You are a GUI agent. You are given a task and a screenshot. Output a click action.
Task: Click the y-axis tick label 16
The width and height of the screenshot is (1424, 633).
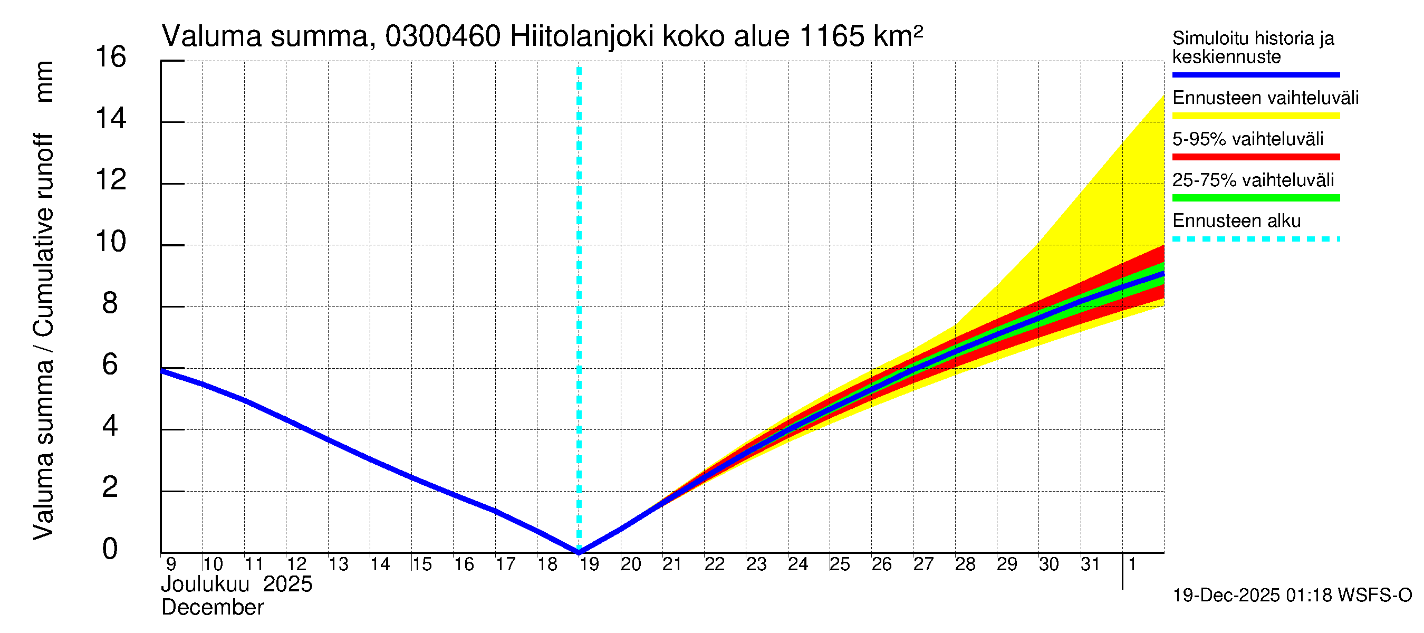(x=111, y=57)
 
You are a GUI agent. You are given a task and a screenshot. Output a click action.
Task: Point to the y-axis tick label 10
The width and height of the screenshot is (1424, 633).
(x=111, y=242)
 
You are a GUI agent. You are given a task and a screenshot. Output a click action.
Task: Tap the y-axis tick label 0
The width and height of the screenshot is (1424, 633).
(x=110, y=549)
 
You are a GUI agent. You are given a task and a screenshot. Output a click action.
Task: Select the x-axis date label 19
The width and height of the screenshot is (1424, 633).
(x=589, y=564)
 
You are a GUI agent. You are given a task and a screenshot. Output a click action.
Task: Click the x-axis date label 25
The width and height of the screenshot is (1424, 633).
(x=840, y=564)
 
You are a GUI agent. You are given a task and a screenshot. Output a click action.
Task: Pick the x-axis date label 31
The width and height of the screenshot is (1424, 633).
(x=1090, y=564)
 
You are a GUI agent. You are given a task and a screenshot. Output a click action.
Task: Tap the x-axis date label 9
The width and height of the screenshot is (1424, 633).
(x=171, y=564)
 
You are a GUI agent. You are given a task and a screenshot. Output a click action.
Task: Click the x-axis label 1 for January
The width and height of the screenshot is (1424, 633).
(x=1132, y=564)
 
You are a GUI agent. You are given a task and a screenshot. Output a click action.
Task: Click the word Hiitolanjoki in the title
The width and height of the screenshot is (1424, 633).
(x=582, y=37)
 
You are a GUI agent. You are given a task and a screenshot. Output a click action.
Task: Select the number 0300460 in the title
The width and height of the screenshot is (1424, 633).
(x=443, y=37)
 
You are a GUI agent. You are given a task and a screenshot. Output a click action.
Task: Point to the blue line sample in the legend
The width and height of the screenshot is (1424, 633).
(x=1255, y=74)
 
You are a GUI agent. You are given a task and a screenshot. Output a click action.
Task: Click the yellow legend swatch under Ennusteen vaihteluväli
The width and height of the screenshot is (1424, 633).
(x=1255, y=116)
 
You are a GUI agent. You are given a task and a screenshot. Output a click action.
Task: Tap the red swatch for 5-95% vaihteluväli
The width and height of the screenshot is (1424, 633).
(x=1255, y=157)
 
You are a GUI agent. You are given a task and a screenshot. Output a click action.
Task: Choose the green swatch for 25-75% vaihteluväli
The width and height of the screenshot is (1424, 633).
(x=1255, y=198)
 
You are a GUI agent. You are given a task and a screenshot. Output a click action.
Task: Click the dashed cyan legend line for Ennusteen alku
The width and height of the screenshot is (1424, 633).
(x=1255, y=239)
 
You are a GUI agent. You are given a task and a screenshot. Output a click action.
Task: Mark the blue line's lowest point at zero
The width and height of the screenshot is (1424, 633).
(x=579, y=551)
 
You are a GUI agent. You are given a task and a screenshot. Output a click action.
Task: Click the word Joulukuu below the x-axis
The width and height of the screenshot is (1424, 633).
(x=205, y=584)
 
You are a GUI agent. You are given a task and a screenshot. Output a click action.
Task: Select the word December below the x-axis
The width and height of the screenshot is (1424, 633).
(x=212, y=608)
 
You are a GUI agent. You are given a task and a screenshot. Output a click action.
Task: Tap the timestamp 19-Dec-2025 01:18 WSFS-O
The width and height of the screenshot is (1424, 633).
(x=1292, y=596)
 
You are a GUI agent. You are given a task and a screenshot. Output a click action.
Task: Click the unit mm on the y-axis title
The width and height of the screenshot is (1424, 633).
(x=44, y=81)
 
